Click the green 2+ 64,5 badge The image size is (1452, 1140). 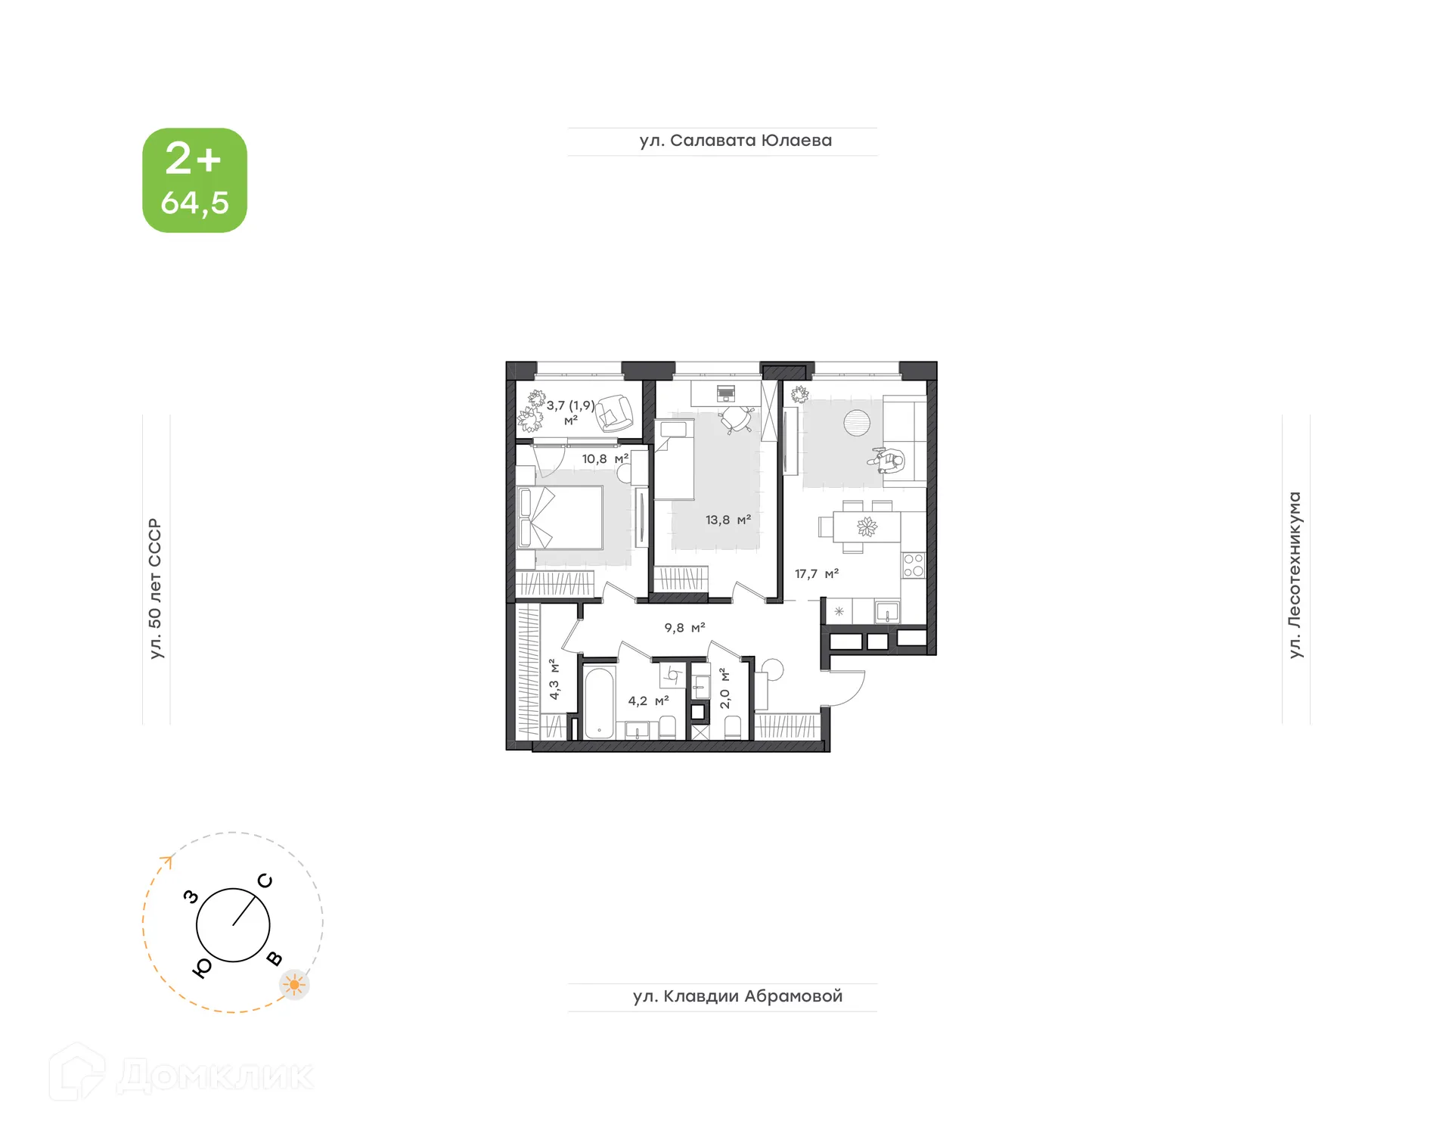click(194, 180)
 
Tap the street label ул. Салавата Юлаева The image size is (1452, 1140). click(735, 141)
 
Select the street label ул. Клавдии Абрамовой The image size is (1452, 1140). click(737, 996)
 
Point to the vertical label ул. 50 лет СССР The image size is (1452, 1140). click(156, 589)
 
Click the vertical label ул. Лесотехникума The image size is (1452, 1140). click(1295, 575)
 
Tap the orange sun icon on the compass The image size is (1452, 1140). click(294, 985)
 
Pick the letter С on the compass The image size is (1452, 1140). click(265, 881)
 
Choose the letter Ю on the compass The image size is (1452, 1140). click(202, 968)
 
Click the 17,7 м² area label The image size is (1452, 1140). click(816, 574)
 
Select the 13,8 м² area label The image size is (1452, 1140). click(728, 520)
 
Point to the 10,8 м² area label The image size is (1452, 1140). click(604, 459)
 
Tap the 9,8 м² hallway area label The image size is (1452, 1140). click(684, 628)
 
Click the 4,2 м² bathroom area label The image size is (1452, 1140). click(648, 701)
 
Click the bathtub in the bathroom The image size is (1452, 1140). click(600, 702)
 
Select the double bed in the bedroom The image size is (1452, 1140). click(560, 517)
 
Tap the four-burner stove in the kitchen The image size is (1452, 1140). click(914, 565)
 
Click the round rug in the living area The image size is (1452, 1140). click(857, 423)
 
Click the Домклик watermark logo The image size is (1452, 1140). click(181, 1074)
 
